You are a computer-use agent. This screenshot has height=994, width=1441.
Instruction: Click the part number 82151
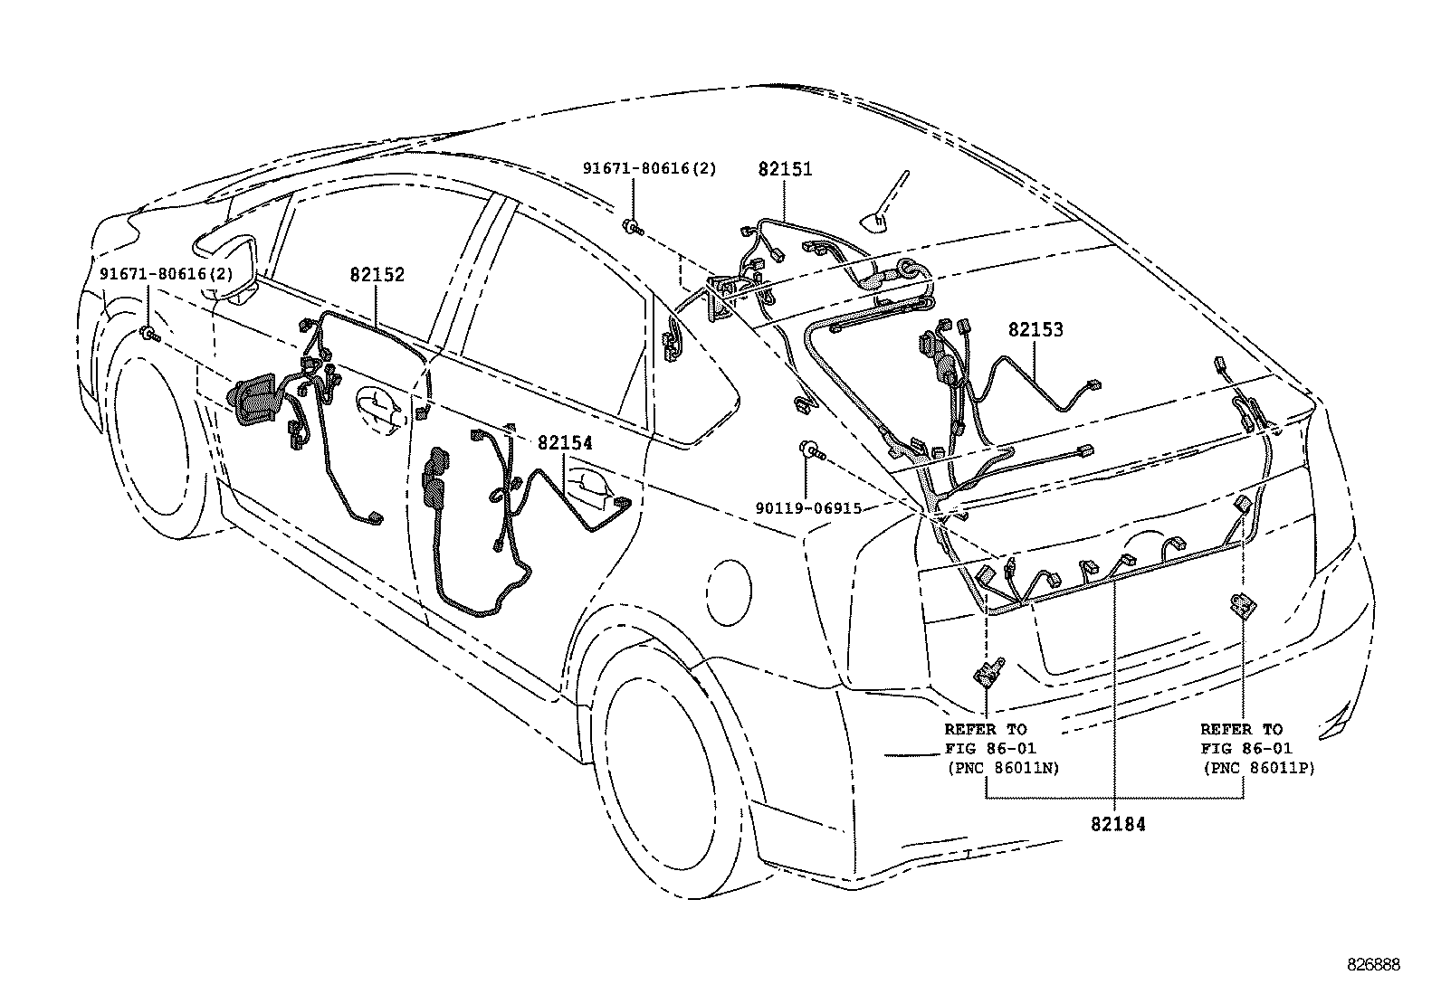tap(785, 169)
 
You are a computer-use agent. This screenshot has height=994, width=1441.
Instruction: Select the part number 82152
tap(377, 275)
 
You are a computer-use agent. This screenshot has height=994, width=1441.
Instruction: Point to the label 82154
tap(565, 443)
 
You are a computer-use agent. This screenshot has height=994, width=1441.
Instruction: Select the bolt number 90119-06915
tap(808, 509)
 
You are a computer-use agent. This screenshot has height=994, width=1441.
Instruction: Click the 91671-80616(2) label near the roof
tap(649, 169)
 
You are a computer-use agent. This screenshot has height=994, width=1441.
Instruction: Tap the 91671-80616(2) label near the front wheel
tap(166, 273)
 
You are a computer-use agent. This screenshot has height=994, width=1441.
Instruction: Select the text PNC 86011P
tap(1258, 769)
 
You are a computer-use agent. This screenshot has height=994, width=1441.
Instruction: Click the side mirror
tap(226, 264)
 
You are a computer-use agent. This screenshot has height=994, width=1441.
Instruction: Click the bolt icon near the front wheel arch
tap(148, 335)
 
